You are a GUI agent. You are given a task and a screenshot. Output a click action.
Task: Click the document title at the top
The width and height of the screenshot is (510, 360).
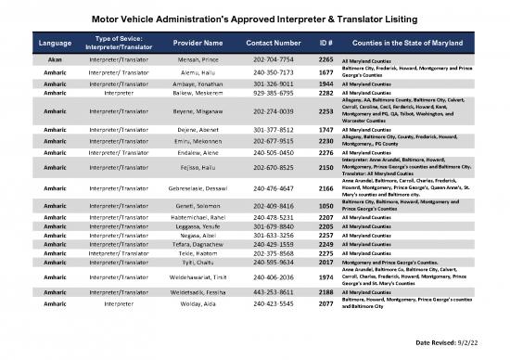pyautogui.click(x=255, y=18)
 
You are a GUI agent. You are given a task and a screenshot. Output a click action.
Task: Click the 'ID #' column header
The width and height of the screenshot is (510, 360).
pyautogui.click(x=325, y=43)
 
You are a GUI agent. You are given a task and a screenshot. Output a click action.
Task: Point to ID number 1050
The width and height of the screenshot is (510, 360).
pyautogui.click(x=325, y=205)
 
